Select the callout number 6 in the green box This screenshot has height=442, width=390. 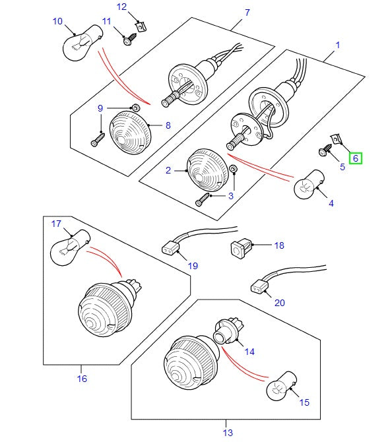pyautogui.click(x=355, y=158)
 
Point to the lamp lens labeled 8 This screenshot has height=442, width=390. pyautogui.click(x=130, y=131)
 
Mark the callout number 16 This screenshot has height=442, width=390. pyautogui.click(x=82, y=379)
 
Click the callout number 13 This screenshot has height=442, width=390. pyautogui.click(x=227, y=432)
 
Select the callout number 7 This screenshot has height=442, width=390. pyautogui.click(x=247, y=13)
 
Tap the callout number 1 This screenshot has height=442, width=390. pyautogui.click(x=337, y=46)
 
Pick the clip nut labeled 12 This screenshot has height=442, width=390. pyautogui.click(x=141, y=27)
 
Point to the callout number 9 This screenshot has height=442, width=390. pyautogui.click(x=101, y=108)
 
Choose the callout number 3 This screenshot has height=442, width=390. pyautogui.click(x=231, y=196)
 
